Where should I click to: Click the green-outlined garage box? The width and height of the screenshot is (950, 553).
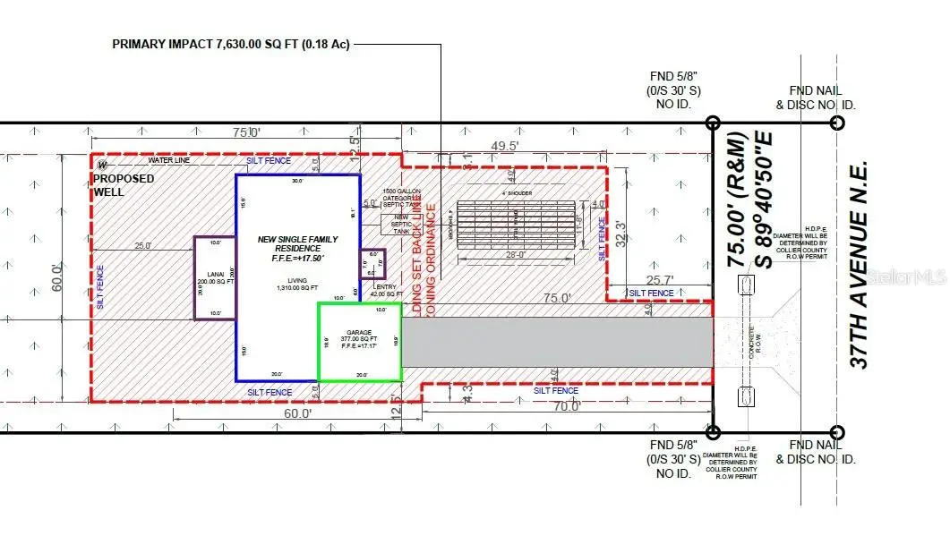tap(358, 343)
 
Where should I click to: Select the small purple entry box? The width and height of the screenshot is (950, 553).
tap(372, 264)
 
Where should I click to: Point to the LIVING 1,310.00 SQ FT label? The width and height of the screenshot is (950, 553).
tap(297, 285)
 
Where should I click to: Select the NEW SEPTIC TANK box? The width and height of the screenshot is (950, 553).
tap(398, 224)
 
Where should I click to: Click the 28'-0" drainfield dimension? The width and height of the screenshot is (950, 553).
tap(512, 256)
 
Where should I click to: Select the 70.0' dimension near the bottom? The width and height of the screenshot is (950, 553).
tap(566, 405)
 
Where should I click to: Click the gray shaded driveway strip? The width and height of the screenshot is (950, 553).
tap(555, 341)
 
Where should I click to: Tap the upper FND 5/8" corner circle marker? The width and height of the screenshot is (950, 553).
tap(713, 123)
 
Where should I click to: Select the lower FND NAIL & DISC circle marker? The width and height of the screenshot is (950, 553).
tap(836, 432)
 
